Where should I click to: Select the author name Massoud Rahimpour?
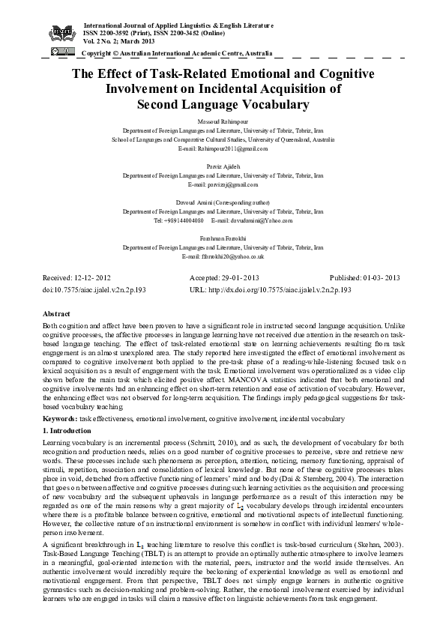click(x=223, y=121)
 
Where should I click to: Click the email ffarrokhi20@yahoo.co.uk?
click(x=223, y=256)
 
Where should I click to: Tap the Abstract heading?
click(x=57, y=313)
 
